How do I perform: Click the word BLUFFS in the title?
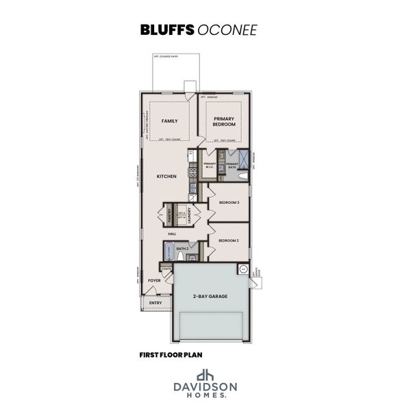pos(166,30)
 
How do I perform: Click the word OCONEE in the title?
pos(219,30)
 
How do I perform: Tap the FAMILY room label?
pos(169,121)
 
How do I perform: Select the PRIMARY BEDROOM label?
pos(224,122)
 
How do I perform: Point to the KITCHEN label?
pos(166,177)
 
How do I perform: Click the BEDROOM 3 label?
pos(229,203)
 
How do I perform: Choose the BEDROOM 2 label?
pos(228,241)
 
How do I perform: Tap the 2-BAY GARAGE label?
pos(210,296)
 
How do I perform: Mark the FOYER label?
pos(154,280)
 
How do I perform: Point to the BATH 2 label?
pos(182,248)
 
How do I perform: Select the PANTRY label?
pos(169,214)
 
